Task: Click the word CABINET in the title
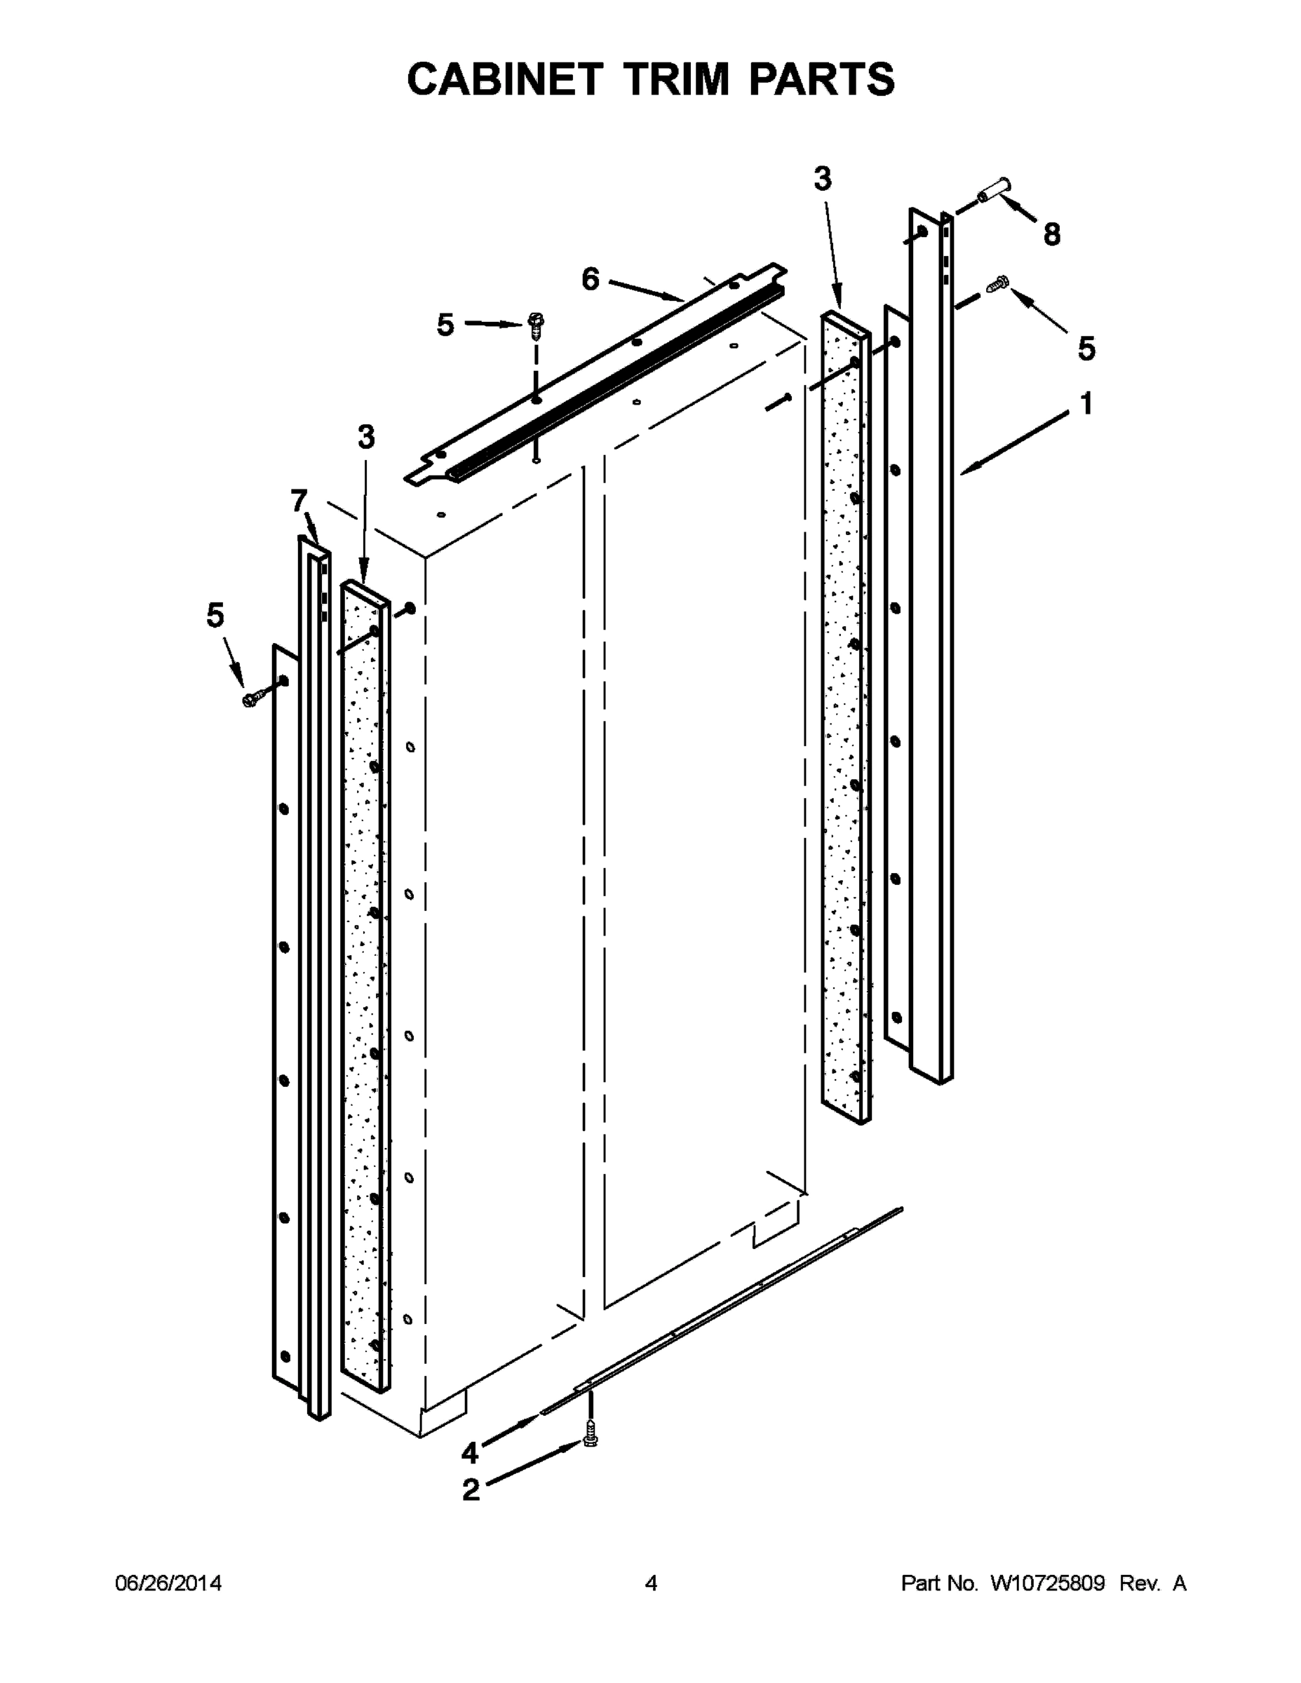tap(504, 79)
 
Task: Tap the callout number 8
tap(1051, 234)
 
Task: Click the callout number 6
tap(590, 279)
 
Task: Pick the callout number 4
tap(469, 1452)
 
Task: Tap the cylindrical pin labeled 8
tap(995, 189)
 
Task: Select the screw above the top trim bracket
tap(536, 324)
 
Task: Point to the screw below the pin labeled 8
tap(998, 283)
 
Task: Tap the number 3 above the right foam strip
tap(823, 179)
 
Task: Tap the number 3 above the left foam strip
tap(366, 437)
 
